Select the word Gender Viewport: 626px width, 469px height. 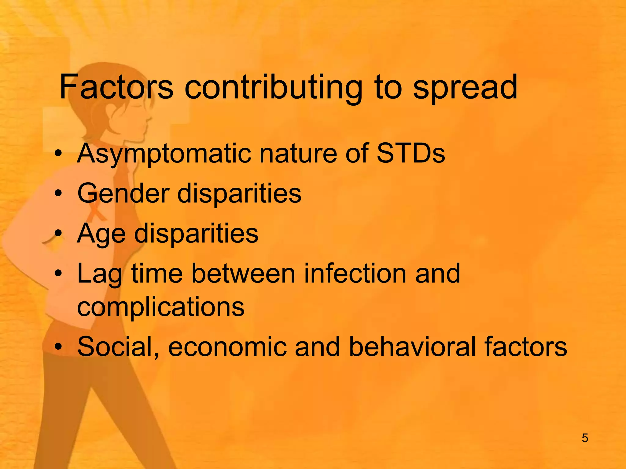(x=123, y=194)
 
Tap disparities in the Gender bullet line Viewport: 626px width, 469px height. (x=239, y=194)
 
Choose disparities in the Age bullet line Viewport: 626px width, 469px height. (x=196, y=234)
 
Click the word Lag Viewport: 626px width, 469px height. (x=99, y=274)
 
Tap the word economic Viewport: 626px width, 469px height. (x=227, y=347)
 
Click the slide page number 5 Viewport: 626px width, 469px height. (x=585, y=438)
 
